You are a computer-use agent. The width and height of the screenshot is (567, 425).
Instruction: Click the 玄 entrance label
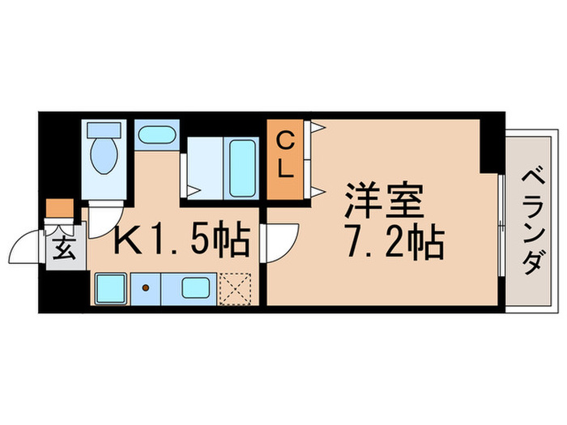tap(66, 246)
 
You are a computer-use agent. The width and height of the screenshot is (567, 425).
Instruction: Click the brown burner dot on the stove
tap(147, 287)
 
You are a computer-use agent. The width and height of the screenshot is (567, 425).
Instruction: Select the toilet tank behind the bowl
tap(103, 130)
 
